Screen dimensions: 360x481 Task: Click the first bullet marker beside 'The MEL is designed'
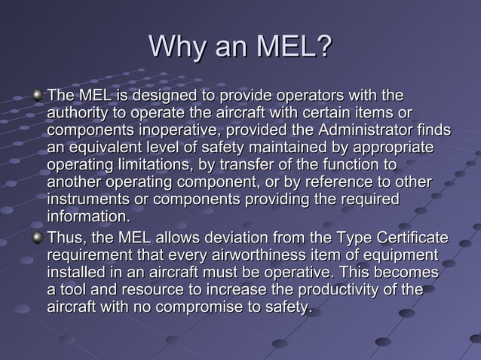(38, 96)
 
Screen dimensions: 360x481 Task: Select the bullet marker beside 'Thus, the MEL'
(38, 238)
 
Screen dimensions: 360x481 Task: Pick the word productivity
(321, 290)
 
